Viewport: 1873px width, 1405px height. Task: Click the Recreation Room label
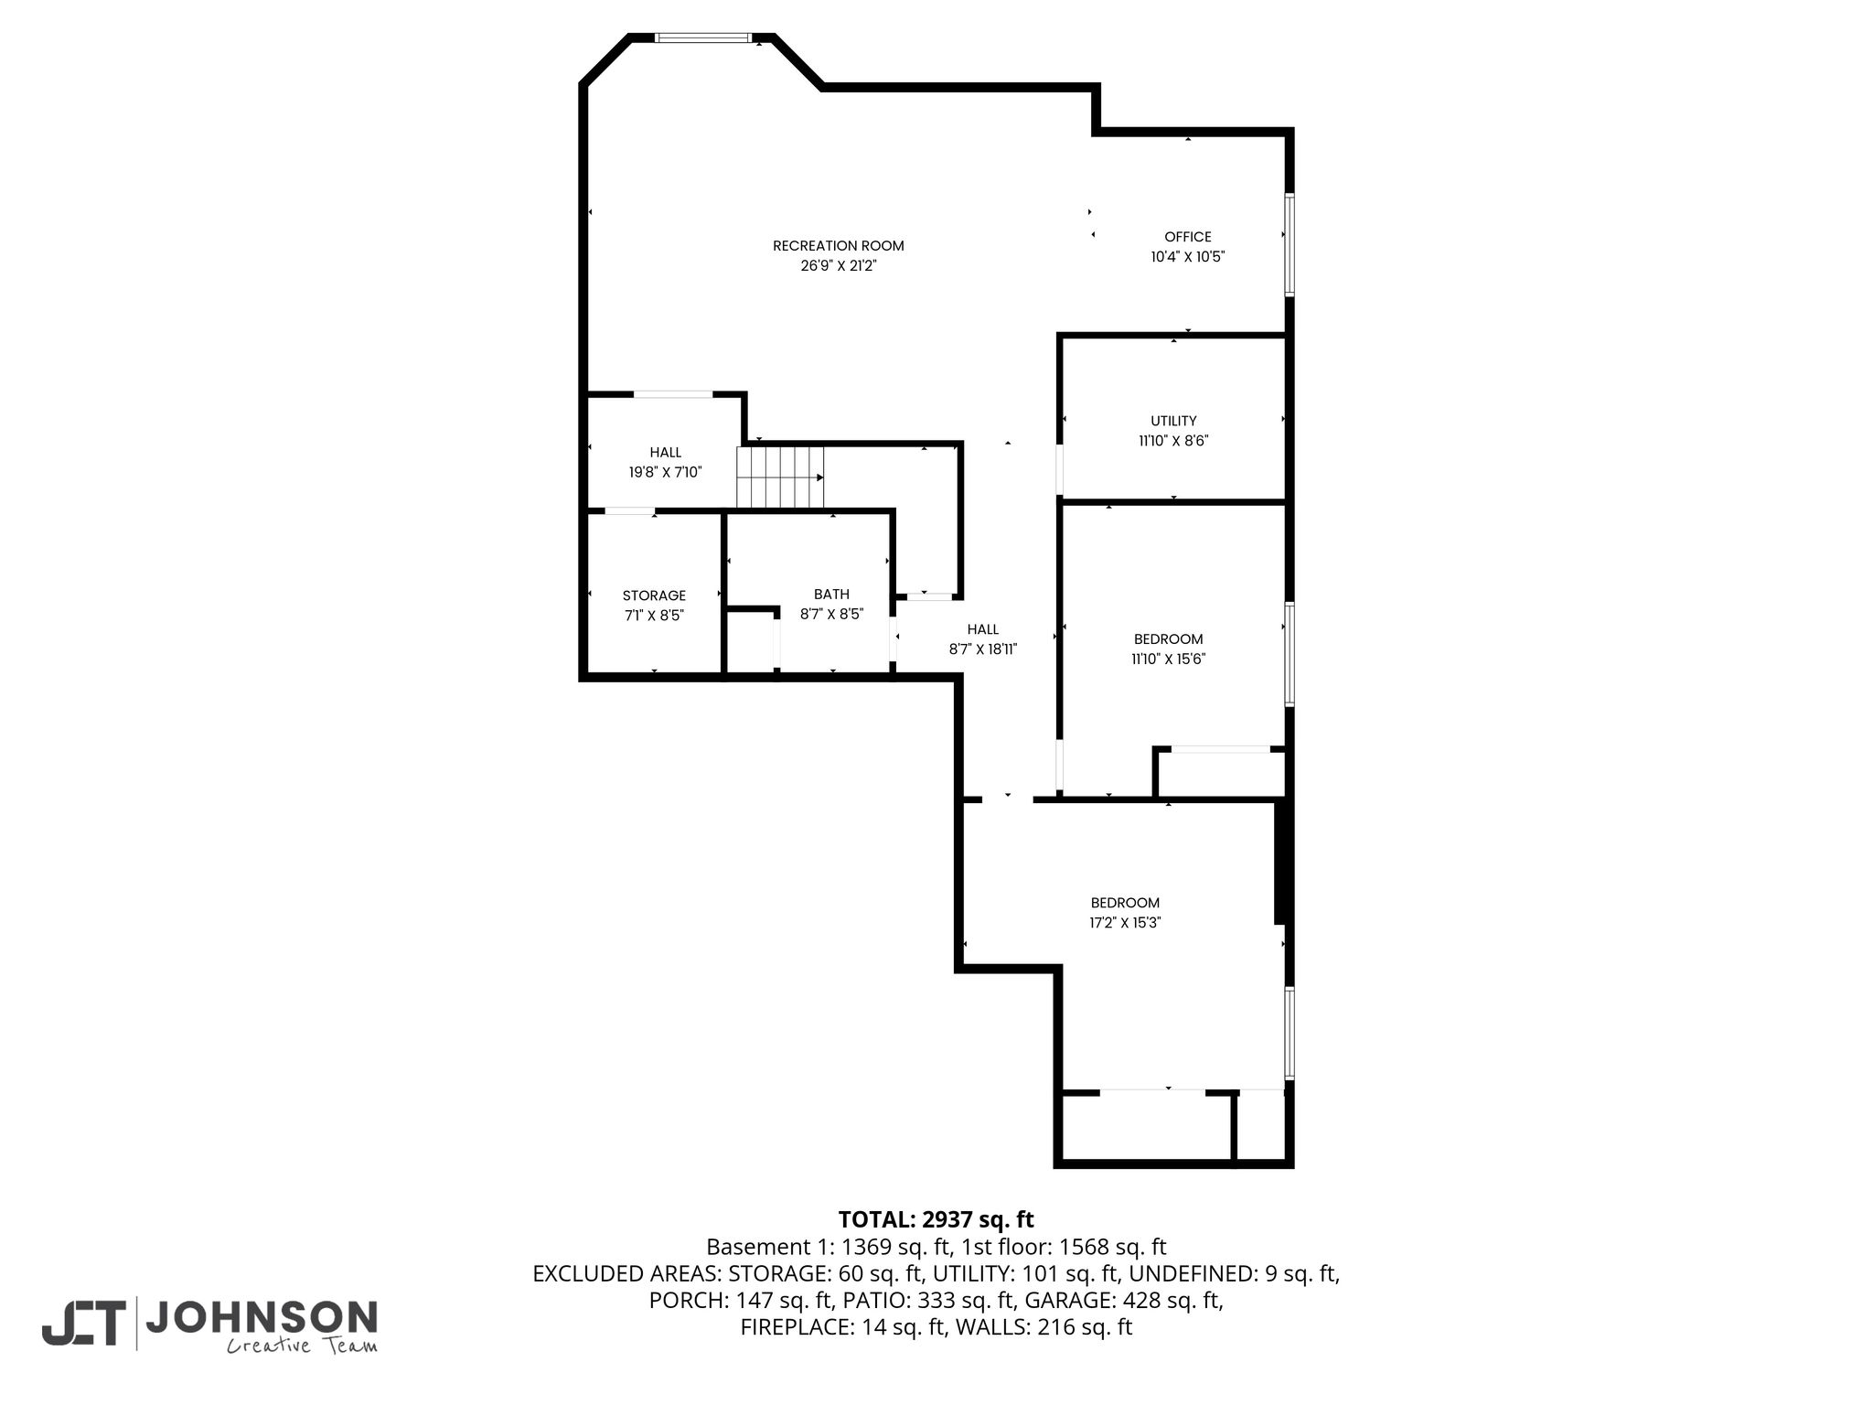tap(838, 245)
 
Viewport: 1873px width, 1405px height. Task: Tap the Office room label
tap(1187, 237)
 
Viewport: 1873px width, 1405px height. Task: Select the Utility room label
tap(1173, 421)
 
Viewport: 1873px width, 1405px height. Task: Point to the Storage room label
tap(654, 595)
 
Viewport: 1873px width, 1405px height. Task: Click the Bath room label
tap(831, 595)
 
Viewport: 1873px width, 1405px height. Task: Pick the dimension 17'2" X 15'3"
tap(1125, 923)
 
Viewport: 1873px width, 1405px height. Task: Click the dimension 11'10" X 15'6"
tap(1168, 659)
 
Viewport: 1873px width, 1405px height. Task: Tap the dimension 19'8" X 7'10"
tap(665, 472)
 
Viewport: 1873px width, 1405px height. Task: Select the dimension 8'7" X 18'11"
tap(983, 649)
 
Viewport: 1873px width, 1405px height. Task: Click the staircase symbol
tap(780, 477)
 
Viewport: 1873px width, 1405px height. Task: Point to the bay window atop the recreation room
tap(702, 38)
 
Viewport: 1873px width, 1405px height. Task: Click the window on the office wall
tap(1290, 243)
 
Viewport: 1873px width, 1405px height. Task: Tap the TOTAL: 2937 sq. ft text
tap(936, 1219)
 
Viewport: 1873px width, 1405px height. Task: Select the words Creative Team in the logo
tap(302, 1346)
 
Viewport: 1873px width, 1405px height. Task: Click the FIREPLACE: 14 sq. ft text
tap(842, 1327)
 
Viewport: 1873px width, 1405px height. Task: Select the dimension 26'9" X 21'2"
tap(838, 265)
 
